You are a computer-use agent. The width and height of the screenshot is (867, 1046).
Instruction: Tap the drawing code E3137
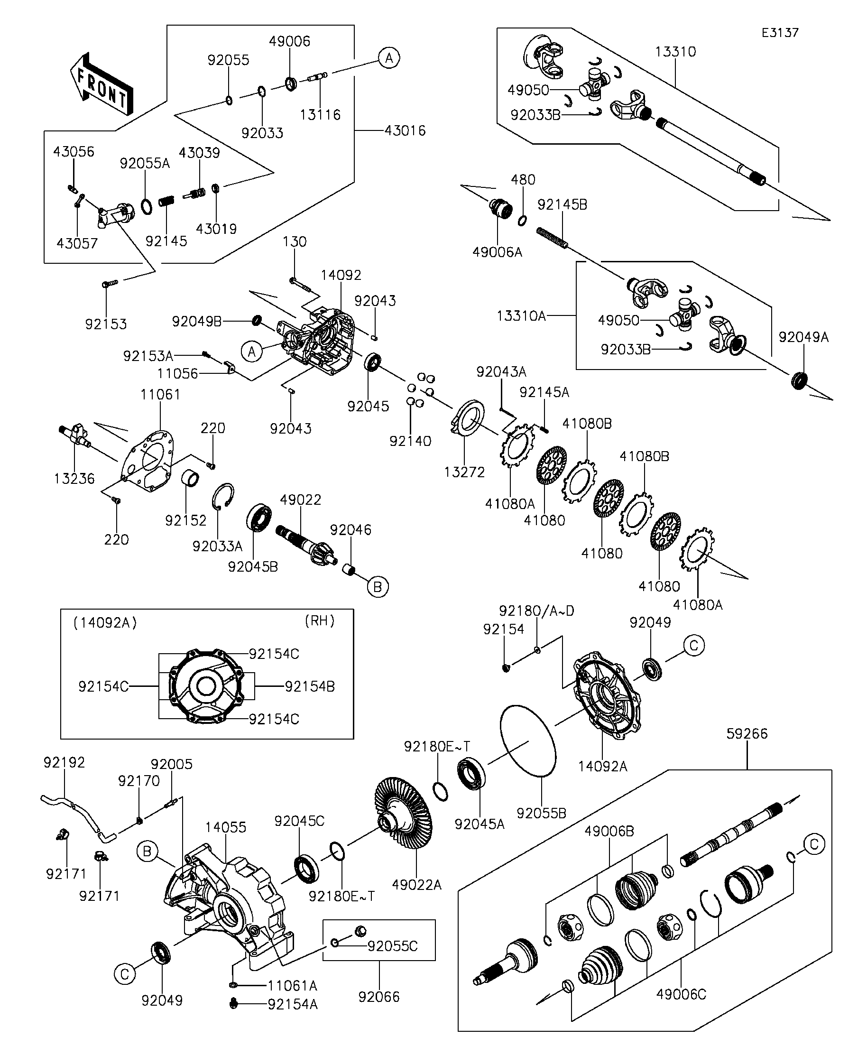pyautogui.click(x=780, y=33)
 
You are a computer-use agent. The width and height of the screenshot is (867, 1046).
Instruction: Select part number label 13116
pyautogui.click(x=320, y=115)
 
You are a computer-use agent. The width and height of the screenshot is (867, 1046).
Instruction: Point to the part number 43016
pyautogui.click(x=406, y=130)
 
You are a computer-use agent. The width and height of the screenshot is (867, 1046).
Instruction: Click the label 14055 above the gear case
pyautogui.click(x=226, y=827)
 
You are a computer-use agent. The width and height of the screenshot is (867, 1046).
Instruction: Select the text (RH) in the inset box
pyautogui.click(x=319, y=621)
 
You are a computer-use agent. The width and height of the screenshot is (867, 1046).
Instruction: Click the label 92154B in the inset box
pyautogui.click(x=310, y=686)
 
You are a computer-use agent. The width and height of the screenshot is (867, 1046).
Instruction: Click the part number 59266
pyautogui.click(x=747, y=734)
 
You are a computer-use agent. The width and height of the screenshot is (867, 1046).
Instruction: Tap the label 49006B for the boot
pyautogui.click(x=609, y=831)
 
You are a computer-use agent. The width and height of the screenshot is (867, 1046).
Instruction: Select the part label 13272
pyautogui.click(x=464, y=472)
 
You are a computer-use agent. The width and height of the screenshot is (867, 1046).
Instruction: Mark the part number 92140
pyautogui.click(x=410, y=441)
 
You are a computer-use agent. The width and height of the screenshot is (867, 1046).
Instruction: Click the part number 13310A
pyautogui.click(x=521, y=316)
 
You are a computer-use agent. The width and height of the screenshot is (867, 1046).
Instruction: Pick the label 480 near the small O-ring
pyautogui.click(x=523, y=180)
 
